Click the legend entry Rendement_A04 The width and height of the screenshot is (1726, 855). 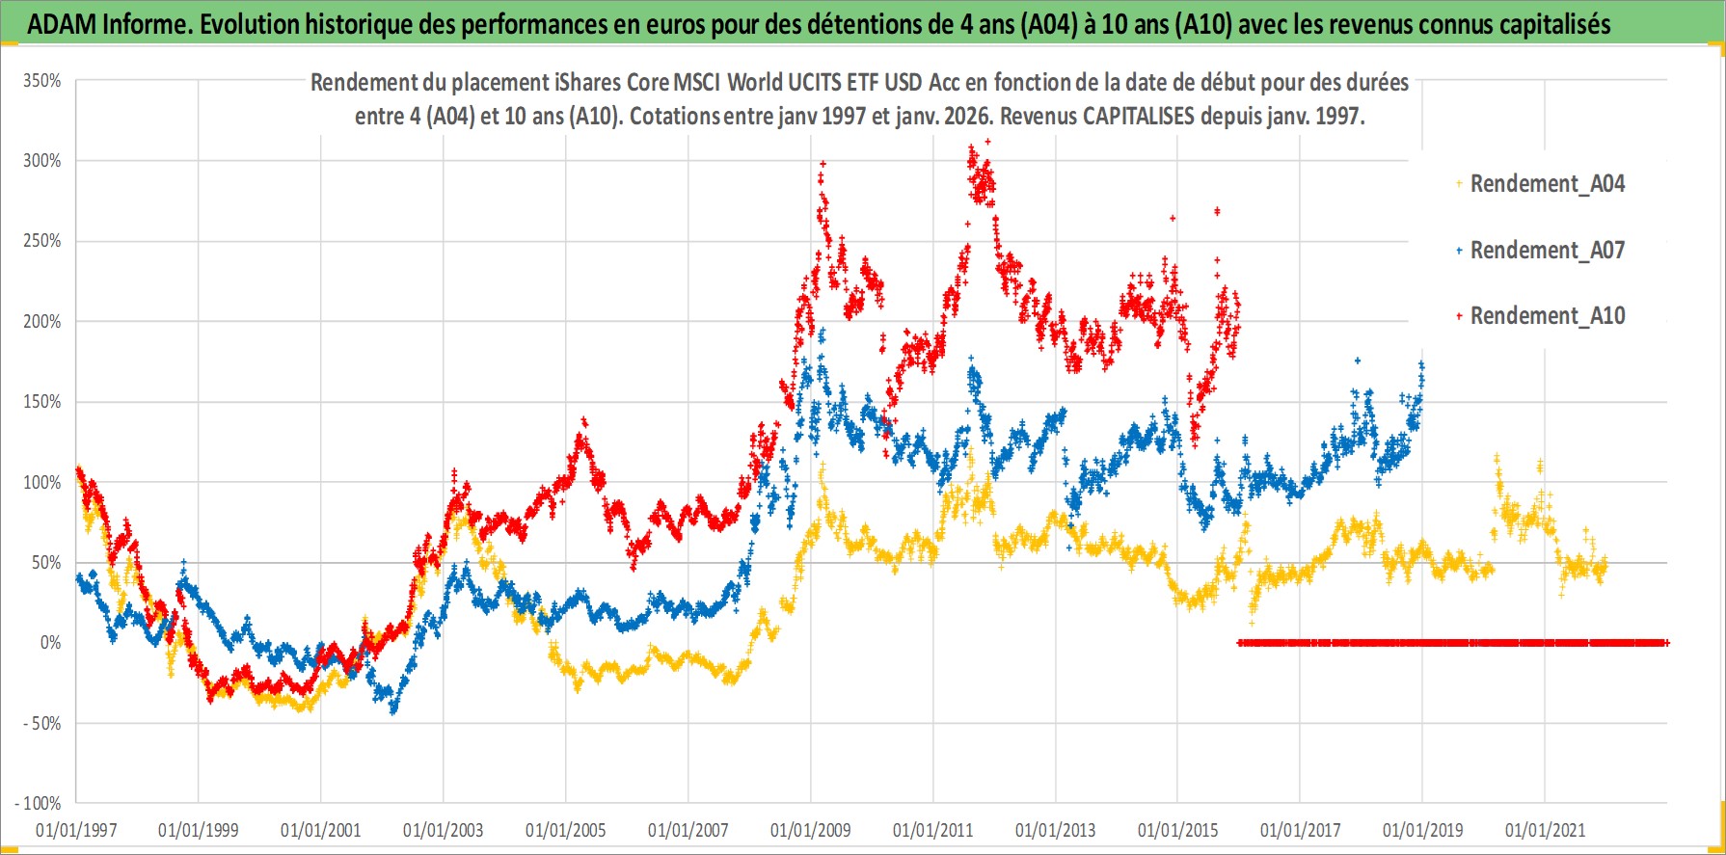pyautogui.click(x=1547, y=183)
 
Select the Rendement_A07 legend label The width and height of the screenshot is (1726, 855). pyautogui.click(x=1547, y=250)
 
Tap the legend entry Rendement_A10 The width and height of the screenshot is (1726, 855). pyautogui.click(x=1547, y=315)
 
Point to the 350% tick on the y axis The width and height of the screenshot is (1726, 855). pyautogui.click(x=42, y=81)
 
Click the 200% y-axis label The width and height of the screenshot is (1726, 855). pyautogui.click(x=42, y=321)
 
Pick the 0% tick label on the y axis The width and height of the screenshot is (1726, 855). pyautogui.click(x=50, y=642)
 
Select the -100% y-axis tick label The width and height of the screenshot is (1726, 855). pyautogui.click(x=39, y=803)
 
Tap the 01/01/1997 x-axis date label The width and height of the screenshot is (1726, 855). pyautogui.click(x=76, y=830)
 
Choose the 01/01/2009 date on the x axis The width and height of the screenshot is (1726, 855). pyautogui.click(x=811, y=830)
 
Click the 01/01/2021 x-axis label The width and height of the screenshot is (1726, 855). pyautogui.click(x=1545, y=830)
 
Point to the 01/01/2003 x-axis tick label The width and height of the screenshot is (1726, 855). pyautogui.click(x=444, y=830)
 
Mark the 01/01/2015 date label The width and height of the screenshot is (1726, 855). pyautogui.click(x=1177, y=830)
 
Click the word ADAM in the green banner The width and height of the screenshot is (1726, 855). pyautogui.click(x=62, y=24)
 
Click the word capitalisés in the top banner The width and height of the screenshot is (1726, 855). pyautogui.click(x=1551, y=24)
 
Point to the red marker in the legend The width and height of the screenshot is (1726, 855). pyautogui.click(x=1460, y=316)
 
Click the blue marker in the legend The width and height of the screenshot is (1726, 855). pyautogui.click(x=1460, y=251)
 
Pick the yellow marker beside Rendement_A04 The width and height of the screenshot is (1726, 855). pyautogui.click(x=1460, y=184)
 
